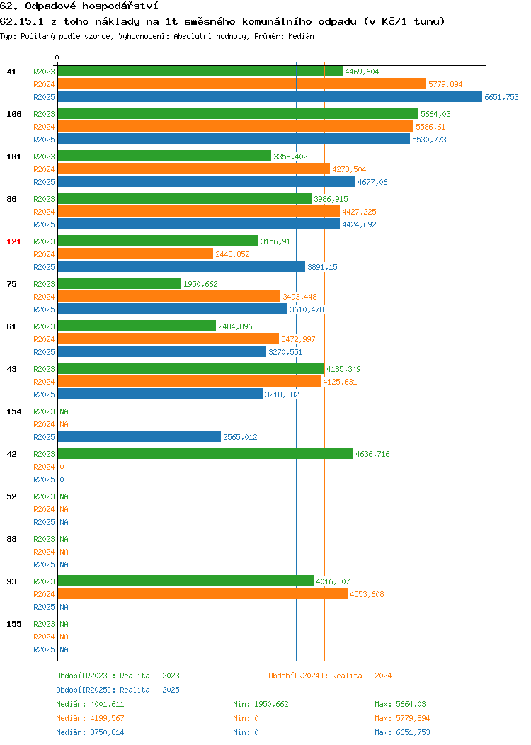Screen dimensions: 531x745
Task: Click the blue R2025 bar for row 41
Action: point(270,97)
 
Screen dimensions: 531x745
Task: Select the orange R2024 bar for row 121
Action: point(135,254)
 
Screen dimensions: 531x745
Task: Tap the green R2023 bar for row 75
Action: point(120,284)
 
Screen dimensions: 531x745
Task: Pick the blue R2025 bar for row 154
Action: point(139,437)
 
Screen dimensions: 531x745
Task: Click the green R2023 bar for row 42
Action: point(205,454)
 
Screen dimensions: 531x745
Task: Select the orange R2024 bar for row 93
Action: point(202,594)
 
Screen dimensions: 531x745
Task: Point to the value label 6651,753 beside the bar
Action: point(501,97)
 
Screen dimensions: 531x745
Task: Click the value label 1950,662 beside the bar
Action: point(200,284)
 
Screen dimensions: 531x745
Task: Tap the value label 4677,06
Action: point(372,182)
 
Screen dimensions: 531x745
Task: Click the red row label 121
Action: point(13,241)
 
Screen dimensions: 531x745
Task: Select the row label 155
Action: point(13,624)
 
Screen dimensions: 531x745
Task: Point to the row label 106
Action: point(13,114)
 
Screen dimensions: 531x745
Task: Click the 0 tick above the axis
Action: point(57,58)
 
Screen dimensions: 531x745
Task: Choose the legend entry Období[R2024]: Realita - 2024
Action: point(330,676)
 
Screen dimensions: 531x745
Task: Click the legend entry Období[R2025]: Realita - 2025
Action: point(118,690)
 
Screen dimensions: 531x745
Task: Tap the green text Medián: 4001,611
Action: point(90,704)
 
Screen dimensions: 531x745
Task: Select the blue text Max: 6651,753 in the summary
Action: point(402,732)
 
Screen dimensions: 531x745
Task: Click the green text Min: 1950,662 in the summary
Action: point(261,704)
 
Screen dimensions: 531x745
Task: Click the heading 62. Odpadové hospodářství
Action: point(79,6)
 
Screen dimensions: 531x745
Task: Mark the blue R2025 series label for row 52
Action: point(44,522)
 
